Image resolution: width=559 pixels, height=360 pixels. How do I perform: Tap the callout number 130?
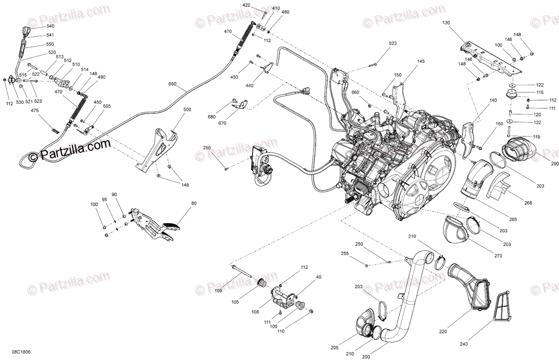pyautogui.click(x=446, y=22)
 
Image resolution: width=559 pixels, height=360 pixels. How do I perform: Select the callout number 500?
pyautogui.click(x=187, y=109)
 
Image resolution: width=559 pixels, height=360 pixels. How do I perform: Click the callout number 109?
pyautogui.click(x=218, y=291)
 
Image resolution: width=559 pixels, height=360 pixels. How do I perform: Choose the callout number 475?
pyautogui.click(x=35, y=110)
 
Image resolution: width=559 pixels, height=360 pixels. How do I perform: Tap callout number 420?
pyautogui.click(x=246, y=5)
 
